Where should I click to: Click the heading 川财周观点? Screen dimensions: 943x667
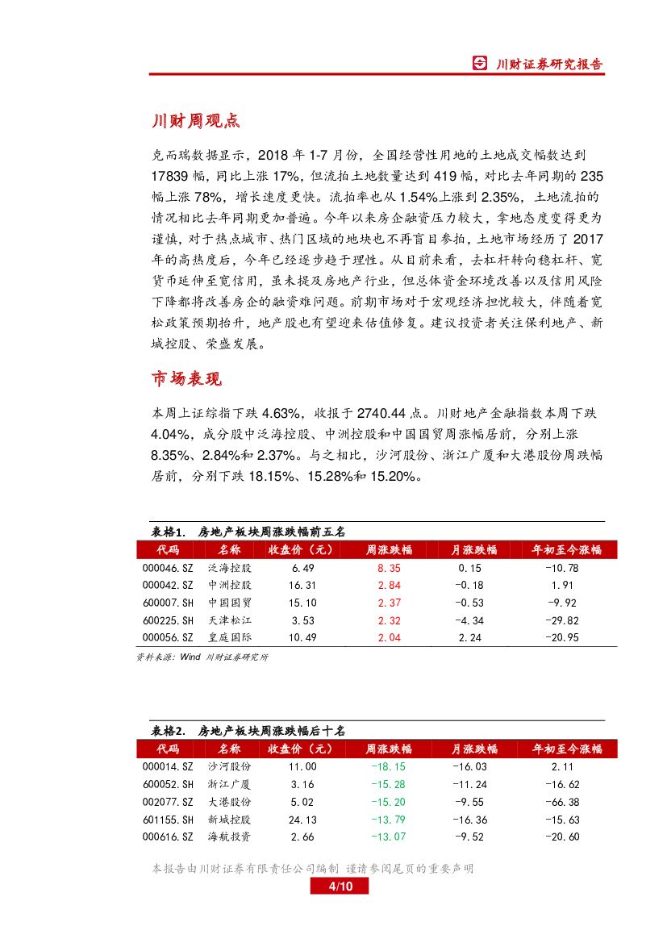click(196, 122)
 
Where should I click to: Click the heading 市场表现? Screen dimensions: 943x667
click(186, 378)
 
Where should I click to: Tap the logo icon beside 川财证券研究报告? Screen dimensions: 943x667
click(480, 64)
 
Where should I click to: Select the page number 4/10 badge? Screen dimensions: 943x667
click(339, 887)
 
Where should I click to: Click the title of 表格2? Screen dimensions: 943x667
click(248, 731)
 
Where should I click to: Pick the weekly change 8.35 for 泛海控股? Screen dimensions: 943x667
click(389, 568)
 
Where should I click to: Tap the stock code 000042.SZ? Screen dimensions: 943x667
click(168, 585)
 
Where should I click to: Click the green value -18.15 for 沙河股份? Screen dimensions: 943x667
click(389, 766)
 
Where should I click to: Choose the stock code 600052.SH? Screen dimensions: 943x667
click(168, 784)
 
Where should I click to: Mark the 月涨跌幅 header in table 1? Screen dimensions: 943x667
click(473, 550)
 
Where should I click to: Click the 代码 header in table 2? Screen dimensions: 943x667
click(168, 749)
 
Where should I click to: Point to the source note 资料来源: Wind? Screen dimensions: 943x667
click(202, 657)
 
